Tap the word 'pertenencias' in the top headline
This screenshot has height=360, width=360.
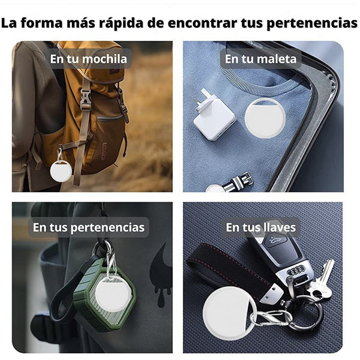point(312,23)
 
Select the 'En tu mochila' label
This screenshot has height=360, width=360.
point(88,59)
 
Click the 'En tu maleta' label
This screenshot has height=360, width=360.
point(260,59)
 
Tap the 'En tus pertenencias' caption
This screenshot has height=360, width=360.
point(89,227)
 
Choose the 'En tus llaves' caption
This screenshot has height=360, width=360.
point(260,227)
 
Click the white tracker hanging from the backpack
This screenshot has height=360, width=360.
point(61,170)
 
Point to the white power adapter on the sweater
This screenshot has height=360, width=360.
point(214,115)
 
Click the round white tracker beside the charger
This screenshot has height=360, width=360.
point(265,118)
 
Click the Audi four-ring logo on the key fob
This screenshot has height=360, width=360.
point(296,271)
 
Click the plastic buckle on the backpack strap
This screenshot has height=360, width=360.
point(85,99)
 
